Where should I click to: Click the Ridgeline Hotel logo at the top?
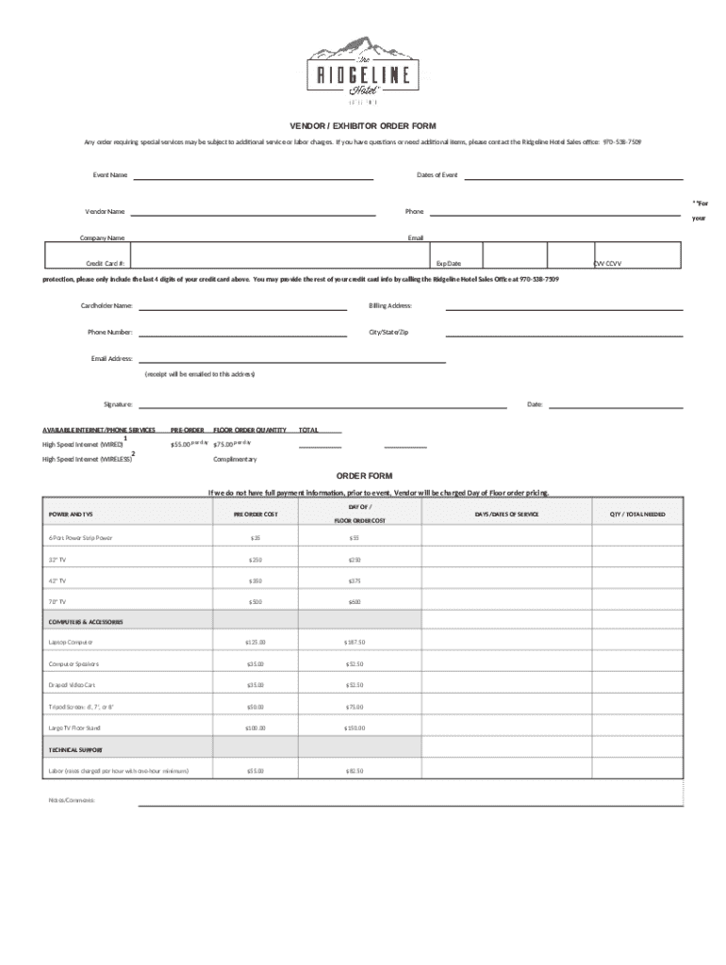(x=362, y=67)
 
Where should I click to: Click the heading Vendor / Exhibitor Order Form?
(x=362, y=125)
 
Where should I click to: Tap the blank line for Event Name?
(x=255, y=176)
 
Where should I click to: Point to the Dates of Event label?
(x=437, y=175)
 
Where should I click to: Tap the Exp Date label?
(x=448, y=264)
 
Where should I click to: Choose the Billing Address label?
(x=390, y=306)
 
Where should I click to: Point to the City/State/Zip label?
(x=388, y=333)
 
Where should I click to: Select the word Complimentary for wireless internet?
(x=235, y=459)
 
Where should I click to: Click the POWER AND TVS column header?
(x=72, y=514)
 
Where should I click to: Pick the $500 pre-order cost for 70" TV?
(x=256, y=600)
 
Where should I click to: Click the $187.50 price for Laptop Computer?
(x=355, y=643)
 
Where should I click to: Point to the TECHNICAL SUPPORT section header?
(x=76, y=750)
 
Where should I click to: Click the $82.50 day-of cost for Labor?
(x=355, y=771)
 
